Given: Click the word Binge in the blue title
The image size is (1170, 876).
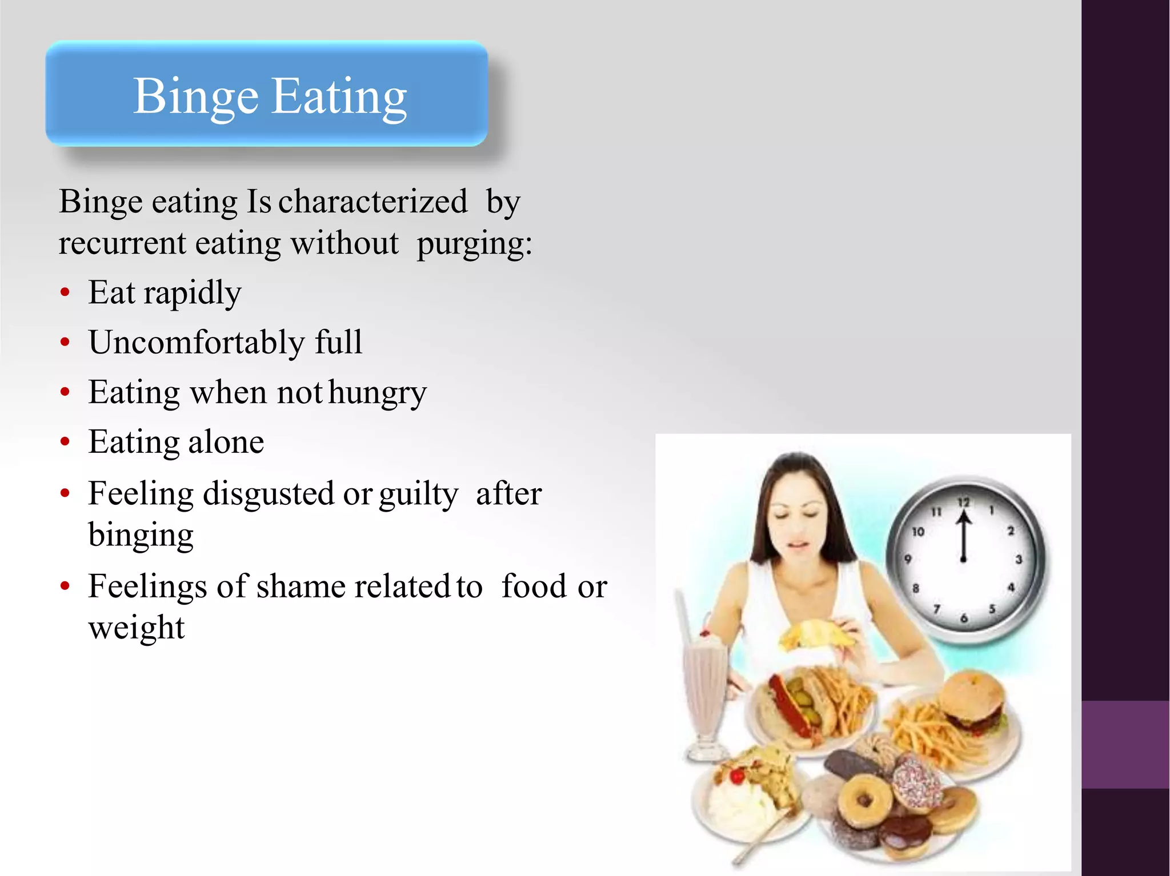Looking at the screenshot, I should [195, 97].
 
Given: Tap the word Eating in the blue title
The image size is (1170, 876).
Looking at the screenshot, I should [339, 97].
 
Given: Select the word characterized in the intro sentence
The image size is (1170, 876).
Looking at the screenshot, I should [372, 202].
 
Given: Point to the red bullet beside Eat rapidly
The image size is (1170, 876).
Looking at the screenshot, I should [65, 292].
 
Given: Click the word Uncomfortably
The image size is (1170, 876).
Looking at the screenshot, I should [197, 343].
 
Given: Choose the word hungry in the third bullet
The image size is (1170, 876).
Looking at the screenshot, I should [378, 393].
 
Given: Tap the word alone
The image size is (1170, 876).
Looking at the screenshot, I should [226, 442].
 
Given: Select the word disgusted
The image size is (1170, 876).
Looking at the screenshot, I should [269, 493].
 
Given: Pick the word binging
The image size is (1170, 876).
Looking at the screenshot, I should [141, 536].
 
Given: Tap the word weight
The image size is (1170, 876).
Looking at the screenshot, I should [137, 628].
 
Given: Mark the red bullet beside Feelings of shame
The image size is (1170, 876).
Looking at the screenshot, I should [65, 586].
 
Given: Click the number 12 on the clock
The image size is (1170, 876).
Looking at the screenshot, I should [964, 503].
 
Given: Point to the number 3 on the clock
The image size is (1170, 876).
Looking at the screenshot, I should [1019, 559].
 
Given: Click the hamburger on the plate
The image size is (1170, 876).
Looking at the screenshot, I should [971, 700].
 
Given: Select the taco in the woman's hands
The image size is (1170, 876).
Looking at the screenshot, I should [817, 634].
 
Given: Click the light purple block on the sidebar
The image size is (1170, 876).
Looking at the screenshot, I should [1125, 745].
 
